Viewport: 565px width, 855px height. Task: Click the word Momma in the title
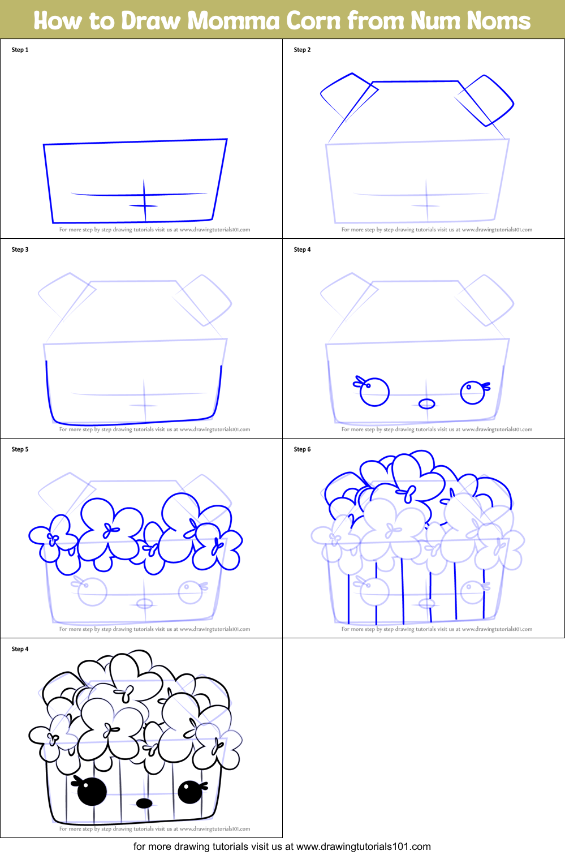click(x=234, y=21)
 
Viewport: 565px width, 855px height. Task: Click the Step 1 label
click(x=20, y=50)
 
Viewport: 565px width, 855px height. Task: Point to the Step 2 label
click(x=302, y=50)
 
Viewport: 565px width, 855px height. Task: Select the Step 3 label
click(x=20, y=250)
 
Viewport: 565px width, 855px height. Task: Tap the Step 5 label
click(x=20, y=449)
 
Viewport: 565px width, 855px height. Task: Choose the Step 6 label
click(x=302, y=449)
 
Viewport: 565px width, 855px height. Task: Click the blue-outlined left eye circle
click(x=374, y=392)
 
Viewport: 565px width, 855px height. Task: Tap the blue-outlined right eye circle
click(x=472, y=392)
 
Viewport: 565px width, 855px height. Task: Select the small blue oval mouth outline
click(x=426, y=403)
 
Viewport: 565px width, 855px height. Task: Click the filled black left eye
click(x=92, y=791)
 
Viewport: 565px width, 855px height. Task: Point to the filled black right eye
click(x=190, y=792)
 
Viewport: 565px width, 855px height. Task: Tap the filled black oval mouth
click(x=144, y=803)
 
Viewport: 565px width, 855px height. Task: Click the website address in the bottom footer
click(x=363, y=847)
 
